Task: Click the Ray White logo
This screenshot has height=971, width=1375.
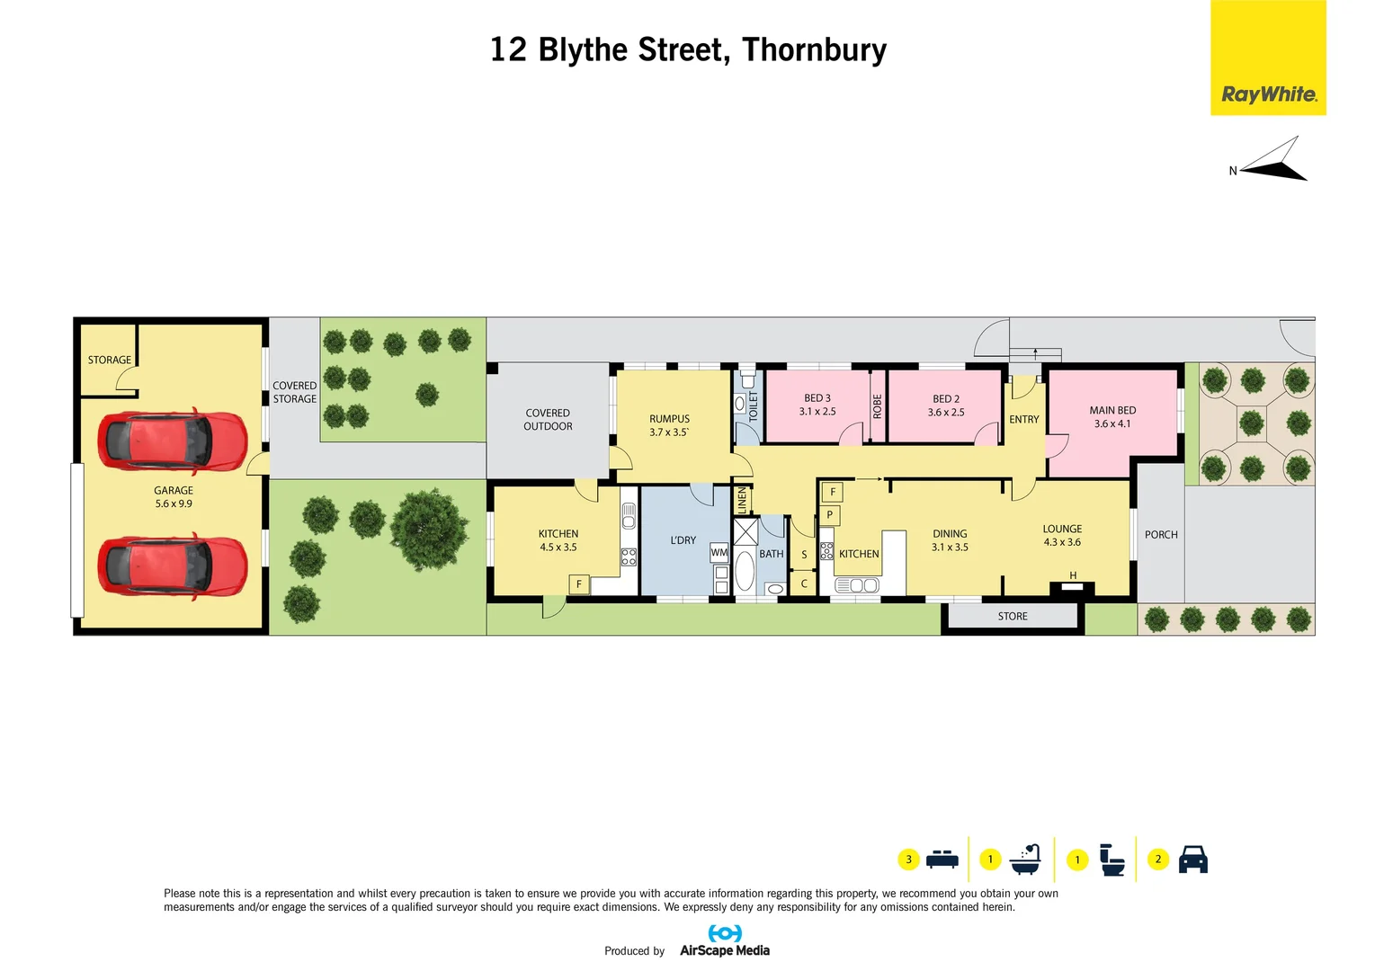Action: pos(1268,94)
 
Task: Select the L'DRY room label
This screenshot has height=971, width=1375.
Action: pos(683,540)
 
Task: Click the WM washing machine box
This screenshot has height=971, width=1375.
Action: pos(719,553)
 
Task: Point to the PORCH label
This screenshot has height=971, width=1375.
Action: pos(1161,535)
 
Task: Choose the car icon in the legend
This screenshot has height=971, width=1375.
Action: pos(1192,860)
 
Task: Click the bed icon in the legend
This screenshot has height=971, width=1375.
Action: pos(942,860)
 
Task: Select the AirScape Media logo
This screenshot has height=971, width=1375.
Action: pos(725,941)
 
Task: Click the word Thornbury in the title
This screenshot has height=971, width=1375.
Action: pos(814,49)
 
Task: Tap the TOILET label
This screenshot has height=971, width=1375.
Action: pos(754,407)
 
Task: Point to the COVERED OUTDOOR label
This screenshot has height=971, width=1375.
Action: pos(548,420)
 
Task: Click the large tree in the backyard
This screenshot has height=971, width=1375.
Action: pos(429,529)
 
